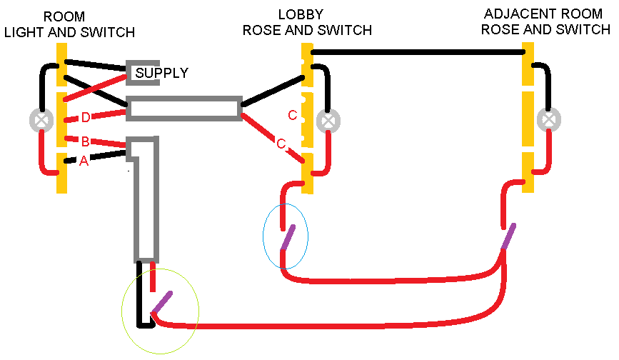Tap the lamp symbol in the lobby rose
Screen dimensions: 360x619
coord(328,121)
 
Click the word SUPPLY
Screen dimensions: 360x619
coord(162,73)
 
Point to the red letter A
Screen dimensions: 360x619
coord(84,161)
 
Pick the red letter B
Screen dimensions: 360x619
coord(84,141)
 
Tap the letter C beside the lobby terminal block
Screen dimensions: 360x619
coord(292,116)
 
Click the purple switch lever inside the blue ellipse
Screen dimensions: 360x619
coord(286,238)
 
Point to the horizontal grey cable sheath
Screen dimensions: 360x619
coord(183,109)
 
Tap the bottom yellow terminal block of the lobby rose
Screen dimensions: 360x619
coord(308,172)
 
